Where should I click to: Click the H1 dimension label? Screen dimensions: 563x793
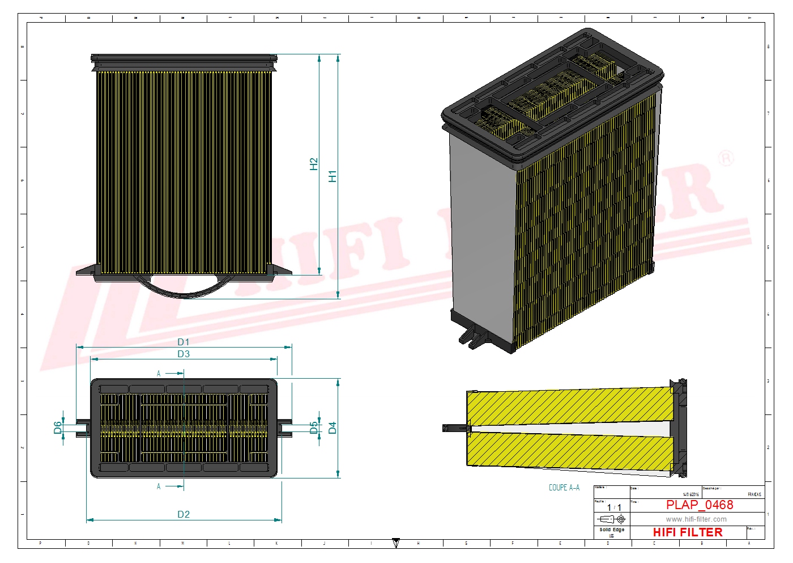[x=332, y=176]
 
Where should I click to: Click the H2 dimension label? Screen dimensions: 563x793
[x=314, y=164]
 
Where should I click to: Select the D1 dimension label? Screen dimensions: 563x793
[x=184, y=342]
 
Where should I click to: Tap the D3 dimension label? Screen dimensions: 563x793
[x=184, y=354]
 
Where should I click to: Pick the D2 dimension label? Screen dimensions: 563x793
[x=184, y=514]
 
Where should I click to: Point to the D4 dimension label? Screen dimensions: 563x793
[x=332, y=427]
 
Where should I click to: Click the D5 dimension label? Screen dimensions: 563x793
[x=314, y=427]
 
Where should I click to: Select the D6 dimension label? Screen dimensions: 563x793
[x=58, y=427]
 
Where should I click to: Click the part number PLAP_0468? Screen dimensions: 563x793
[x=699, y=505]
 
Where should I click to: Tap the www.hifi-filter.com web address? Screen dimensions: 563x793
[x=696, y=519]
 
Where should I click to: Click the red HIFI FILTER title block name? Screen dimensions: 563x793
[x=688, y=532]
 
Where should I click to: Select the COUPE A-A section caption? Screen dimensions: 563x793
[x=564, y=488]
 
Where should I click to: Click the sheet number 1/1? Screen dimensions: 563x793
[x=614, y=507]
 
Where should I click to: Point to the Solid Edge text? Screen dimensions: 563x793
[x=612, y=530]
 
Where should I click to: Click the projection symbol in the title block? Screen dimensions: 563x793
[x=612, y=519]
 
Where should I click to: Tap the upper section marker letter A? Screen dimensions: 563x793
[x=159, y=374]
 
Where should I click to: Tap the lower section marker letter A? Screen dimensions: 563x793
[x=159, y=486]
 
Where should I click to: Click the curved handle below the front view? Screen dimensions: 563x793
[x=184, y=289]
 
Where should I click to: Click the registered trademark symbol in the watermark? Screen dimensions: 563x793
[x=726, y=158]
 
